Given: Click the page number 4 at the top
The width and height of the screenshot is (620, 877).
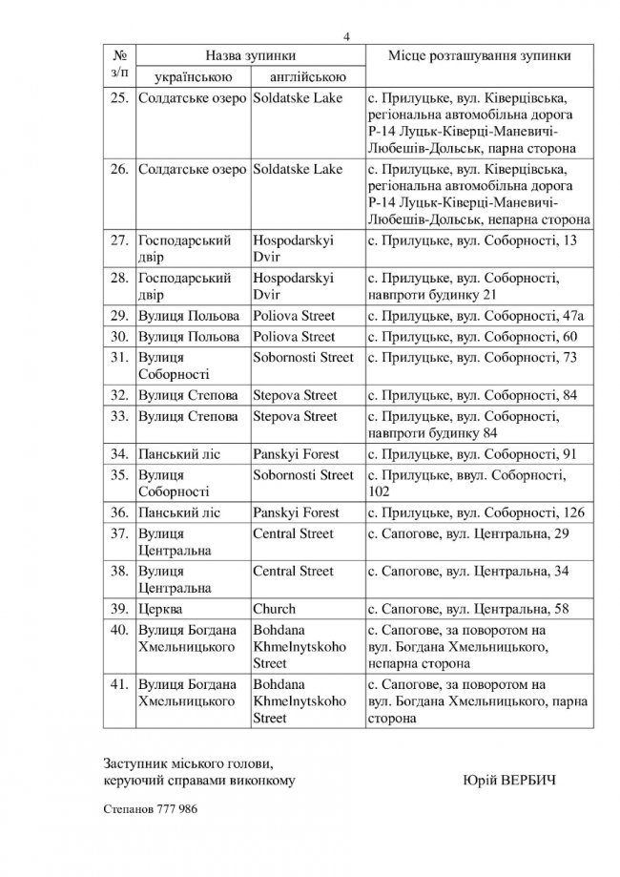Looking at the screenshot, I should [347, 36].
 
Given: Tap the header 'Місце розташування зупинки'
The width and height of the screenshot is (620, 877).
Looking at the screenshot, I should [480, 55].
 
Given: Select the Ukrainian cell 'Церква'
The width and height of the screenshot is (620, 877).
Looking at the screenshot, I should [162, 609].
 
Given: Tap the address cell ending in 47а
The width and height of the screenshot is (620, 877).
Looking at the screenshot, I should [475, 315].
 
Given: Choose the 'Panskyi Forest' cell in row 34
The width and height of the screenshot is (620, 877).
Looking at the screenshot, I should [296, 454].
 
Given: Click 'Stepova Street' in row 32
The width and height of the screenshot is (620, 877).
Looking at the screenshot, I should [295, 393].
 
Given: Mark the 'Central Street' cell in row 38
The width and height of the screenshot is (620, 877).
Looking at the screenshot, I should [293, 571].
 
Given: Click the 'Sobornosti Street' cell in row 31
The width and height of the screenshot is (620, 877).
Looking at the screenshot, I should [302, 357].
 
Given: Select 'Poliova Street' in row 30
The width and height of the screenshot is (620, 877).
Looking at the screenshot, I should [294, 336].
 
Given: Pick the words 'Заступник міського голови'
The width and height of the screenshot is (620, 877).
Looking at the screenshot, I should [187, 763].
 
